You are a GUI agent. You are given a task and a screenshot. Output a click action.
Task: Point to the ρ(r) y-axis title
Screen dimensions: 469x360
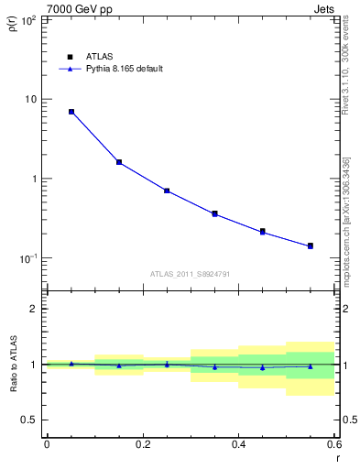point(12,21)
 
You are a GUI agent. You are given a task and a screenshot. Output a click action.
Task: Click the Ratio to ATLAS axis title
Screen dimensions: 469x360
point(12,365)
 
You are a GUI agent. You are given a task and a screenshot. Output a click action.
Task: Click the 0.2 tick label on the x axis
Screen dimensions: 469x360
point(142,445)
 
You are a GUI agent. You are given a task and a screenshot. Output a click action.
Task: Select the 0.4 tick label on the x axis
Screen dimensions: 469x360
point(238,445)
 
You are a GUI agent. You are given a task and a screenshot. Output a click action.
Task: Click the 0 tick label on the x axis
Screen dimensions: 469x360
point(47,445)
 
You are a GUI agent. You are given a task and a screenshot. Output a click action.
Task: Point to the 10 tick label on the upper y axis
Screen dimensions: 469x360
point(30,99)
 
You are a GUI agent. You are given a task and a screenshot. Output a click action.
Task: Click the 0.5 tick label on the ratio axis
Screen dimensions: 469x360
point(29,420)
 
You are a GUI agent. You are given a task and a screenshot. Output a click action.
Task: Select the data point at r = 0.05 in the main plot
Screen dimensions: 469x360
point(71,112)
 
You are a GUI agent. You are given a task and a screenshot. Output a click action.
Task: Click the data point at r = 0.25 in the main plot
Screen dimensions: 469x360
point(167,191)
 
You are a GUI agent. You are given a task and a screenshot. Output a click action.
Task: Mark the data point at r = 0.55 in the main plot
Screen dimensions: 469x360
point(311,245)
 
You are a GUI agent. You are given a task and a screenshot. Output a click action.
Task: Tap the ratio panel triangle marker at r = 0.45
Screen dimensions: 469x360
point(263,367)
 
